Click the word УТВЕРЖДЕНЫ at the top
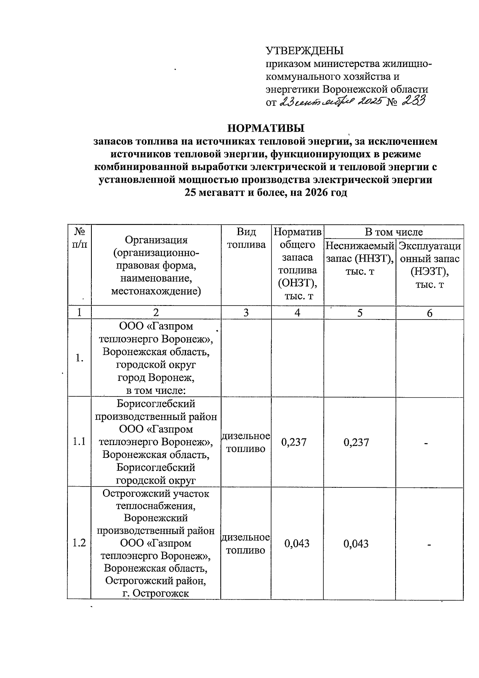click(x=304, y=51)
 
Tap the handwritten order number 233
click(x=413, y=101)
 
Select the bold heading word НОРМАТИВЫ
click(x=265, y=128)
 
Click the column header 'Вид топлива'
click(x=246, y=238)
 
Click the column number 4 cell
click(x=297, y=313)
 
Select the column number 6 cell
click(x=430, y=313)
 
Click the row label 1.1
click(x=79, y=441)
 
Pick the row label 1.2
click(x=79, y=543)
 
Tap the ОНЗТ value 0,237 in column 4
click(x=294, y=442)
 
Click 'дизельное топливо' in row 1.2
click(x=246, y=544)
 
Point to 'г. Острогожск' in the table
click(x=155, y=593)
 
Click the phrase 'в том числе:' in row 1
click(x=156, y=390)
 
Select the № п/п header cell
click(x=79, y=238)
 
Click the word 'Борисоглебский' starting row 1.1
click(x=156, y=404)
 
